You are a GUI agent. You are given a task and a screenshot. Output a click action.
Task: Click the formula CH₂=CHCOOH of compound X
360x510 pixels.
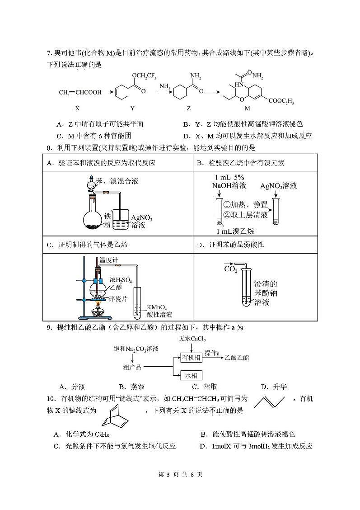[80, 92]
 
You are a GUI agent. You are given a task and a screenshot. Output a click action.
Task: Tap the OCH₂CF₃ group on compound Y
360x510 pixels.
[144, 76]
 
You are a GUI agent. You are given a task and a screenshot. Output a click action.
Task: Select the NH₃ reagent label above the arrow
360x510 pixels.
[165, 86]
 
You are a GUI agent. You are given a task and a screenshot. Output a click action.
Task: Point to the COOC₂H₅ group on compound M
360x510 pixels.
[281, 101]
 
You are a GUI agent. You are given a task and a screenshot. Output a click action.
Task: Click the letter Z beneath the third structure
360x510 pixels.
[189, 109]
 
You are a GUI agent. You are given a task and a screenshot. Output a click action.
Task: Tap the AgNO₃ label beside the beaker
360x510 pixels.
[142, 217]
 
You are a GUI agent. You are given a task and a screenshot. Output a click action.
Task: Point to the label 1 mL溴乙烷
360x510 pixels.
[235, 231]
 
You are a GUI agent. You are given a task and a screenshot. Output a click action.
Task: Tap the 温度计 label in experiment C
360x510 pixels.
[109, 260]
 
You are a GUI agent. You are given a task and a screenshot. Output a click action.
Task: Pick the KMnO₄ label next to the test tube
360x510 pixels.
[157, 307]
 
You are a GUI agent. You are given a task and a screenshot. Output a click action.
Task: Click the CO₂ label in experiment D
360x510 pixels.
[231, 269]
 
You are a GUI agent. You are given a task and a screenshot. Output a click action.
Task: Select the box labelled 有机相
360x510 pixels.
[192, 358]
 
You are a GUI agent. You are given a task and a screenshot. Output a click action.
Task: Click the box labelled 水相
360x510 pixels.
[192, 376]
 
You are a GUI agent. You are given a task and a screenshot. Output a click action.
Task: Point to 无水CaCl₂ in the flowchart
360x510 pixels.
[192, 339]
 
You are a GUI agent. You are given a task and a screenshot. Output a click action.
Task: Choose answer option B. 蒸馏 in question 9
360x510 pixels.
[132, 387]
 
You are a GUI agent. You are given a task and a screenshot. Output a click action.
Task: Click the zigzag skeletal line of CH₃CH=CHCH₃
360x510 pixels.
[269, 402]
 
